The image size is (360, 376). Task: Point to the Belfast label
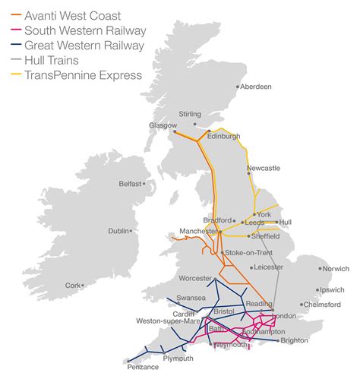[x=129, y=184]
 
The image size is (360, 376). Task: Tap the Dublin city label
[x=118, y=231]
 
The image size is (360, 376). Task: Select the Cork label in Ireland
[x=72, y=286]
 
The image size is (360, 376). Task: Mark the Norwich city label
[x=335, y=269]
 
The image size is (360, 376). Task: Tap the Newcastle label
[x=263, y=168]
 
